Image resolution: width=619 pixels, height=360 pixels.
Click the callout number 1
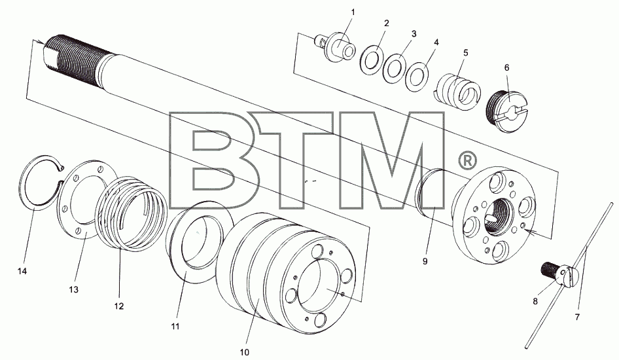tap(353, 12)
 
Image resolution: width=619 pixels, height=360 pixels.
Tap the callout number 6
tap(507, 67)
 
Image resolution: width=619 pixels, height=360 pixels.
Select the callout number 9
tap(425, 261)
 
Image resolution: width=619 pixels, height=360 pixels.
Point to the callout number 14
tap(22, 271)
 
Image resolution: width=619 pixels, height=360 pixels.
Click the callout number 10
tap(244, 352)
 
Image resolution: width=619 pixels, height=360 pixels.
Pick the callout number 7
tap(577, 317)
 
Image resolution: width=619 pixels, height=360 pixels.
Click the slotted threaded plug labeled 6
tap(508, 111)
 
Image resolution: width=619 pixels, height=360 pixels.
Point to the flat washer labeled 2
tap(372, 60)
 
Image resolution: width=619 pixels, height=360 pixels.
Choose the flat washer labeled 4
tap(417, 76)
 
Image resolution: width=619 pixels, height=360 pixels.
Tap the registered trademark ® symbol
tap(467, 160)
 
